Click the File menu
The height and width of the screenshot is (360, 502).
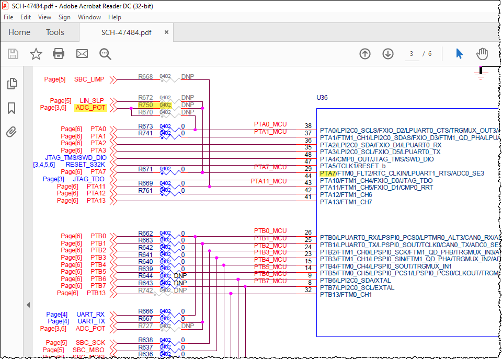tap(8, 17)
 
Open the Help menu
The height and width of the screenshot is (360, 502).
tap(115, 17)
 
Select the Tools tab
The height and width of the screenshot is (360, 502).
tap(55, 32)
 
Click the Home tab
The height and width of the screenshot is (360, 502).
tap(19, 32)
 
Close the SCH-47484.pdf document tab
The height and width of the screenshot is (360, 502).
tap(166, 32)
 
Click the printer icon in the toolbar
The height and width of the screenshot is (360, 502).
tap(59, 54)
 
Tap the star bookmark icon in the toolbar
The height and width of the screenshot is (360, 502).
tap(36, 54)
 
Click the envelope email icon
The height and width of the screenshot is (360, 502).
tap(82, 54)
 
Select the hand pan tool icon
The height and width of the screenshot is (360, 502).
tap(482, 54)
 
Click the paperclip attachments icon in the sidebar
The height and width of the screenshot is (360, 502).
tap(12, 132)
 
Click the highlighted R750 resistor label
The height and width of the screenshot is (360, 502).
tap(145, 105)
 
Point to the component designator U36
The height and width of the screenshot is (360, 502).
tap(322, 98)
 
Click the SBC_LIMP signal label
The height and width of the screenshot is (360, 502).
tap(89, 79)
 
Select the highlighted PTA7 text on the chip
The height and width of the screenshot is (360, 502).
tap(328, 173)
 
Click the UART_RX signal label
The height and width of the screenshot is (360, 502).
tap(91, 315)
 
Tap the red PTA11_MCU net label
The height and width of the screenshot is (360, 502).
tap(268, 181)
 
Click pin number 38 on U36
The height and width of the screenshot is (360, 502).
tap(308, 126)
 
